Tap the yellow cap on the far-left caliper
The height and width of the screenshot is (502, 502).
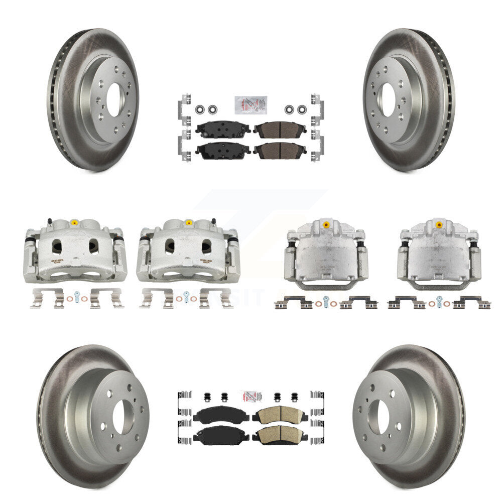pyautogui.click(x=74, y=222)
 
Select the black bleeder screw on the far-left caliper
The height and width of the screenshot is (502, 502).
pyautogui.click(x=49, y=221)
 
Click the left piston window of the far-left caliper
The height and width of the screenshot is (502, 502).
pyautogui.click(x=57, y=246)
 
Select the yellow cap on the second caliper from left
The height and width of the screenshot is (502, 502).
pyautogui.click(x=189, y=222)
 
